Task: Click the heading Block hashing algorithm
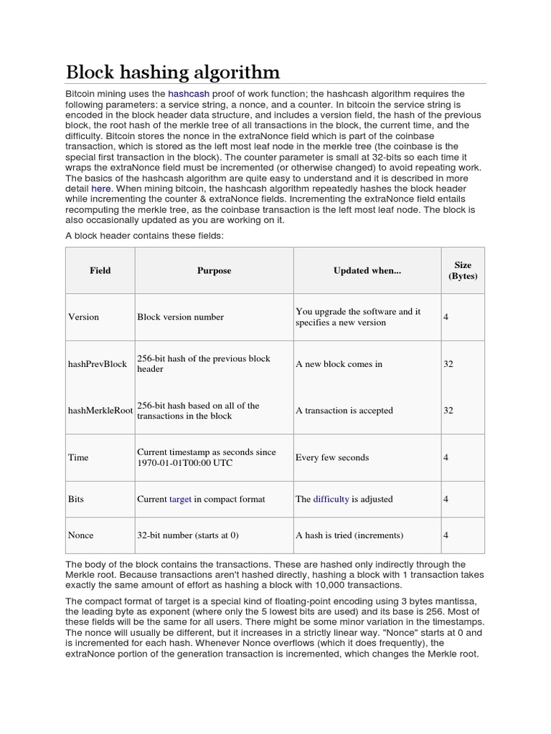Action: (x=172, y=72)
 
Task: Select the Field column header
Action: (x=100, y=271)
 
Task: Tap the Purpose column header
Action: (x=214, y=271)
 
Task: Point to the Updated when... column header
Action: (x=367, y=271)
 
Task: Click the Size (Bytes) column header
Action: (x=462, y=270)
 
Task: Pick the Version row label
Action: (x=83, y=317)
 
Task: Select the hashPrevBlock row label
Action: (x=97, y=363)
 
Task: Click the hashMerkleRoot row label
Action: (x=100, y=411)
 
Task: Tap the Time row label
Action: (x=78, y=457)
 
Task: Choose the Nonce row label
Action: (x=80, y=535)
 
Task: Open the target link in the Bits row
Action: (x=180, y=499)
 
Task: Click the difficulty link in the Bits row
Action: (x=331, y=499)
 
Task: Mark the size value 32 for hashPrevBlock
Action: (x=448, y=363)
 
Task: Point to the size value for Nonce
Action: (x=446, y=535)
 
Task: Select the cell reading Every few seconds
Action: (x=332, y=457)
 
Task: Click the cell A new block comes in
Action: (x=339, y=363)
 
